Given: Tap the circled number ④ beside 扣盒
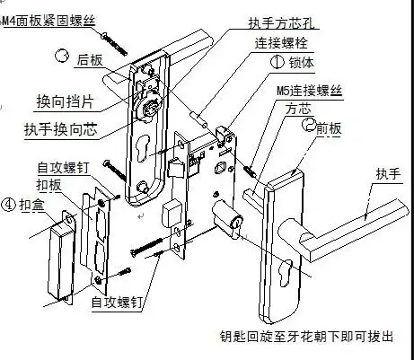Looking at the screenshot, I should coord(9,204).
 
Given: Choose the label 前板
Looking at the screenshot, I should coord(330,127).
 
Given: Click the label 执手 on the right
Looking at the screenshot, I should coord(389,174).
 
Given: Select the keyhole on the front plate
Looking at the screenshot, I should coord(286,270).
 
